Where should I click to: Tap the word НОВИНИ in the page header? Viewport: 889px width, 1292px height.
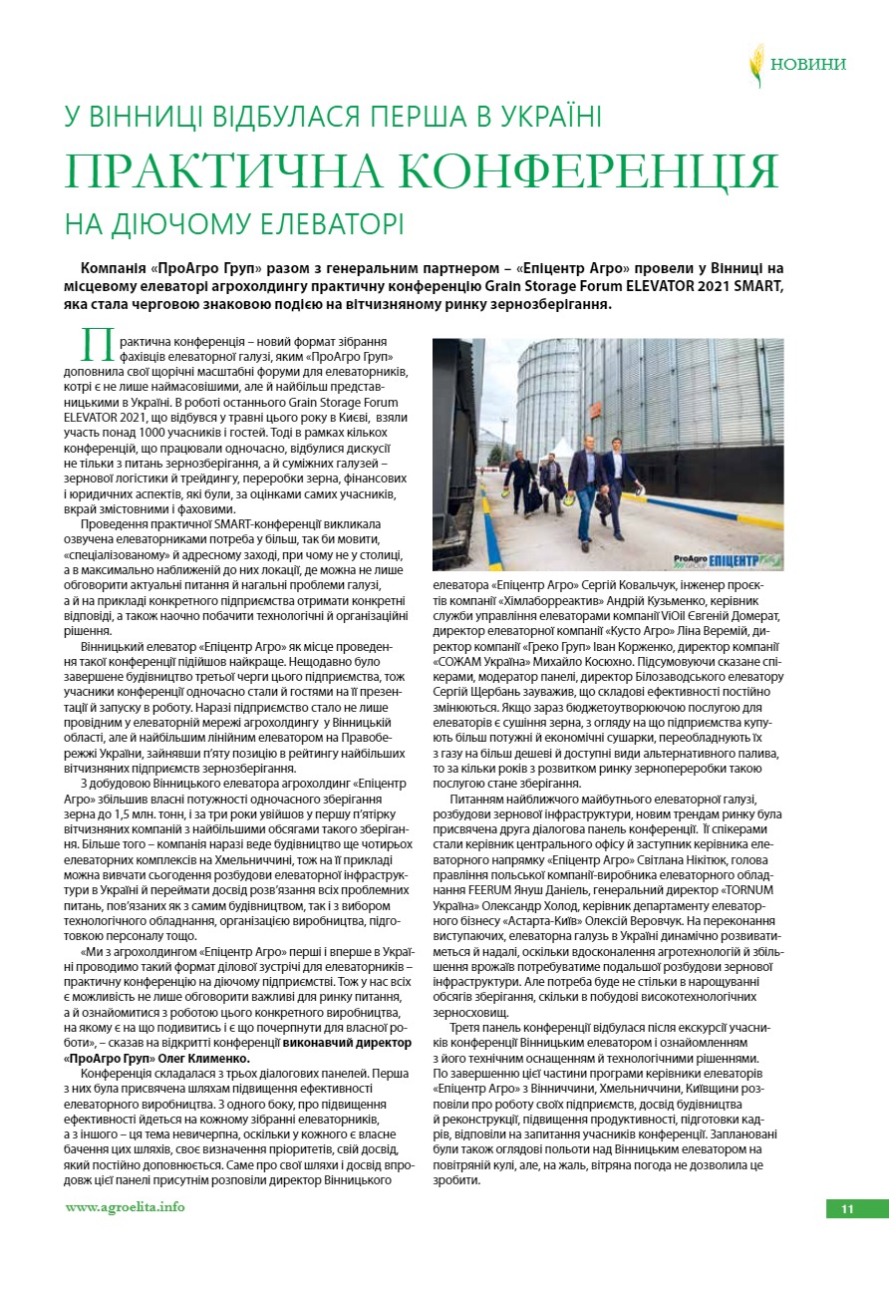pos(808,65)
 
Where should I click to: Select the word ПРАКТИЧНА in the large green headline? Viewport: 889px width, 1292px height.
pos(213,170)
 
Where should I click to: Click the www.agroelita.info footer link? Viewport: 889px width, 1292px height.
pos(125,1207)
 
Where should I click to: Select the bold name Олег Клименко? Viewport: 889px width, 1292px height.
pos(208,1058)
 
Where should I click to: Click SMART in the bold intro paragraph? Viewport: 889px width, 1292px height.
pos(757,286)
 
